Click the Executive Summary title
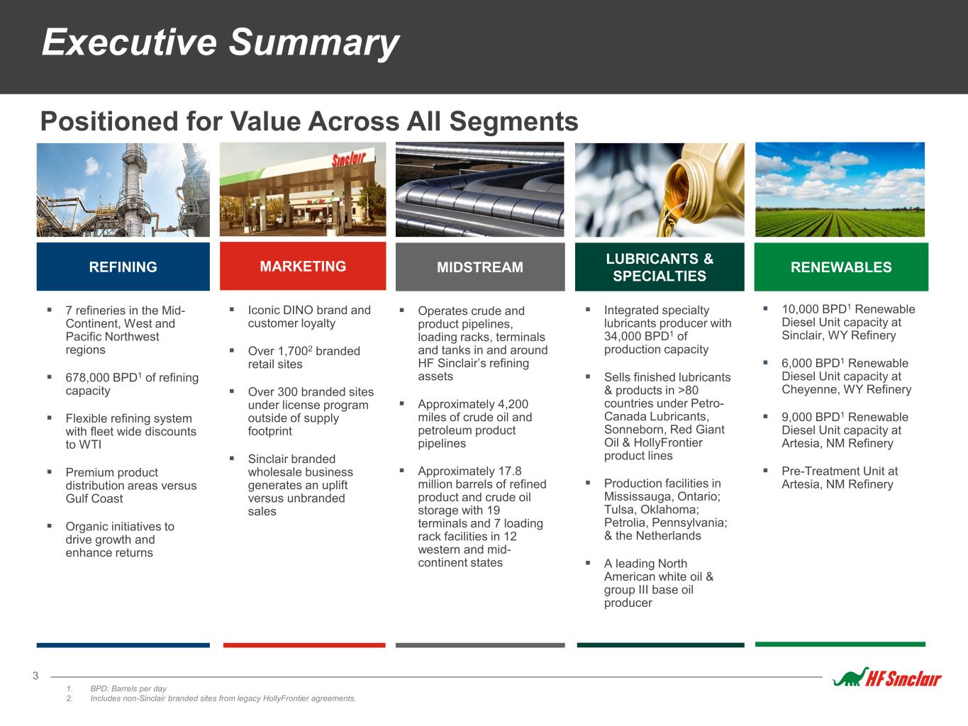(221, 43)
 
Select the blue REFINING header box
(123, 267)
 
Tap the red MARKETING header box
(303, 266)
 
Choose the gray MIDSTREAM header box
(480, 267)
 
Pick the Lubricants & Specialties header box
(660, 267)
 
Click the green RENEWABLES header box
(841, 267)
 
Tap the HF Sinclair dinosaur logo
(887, 678)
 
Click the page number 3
(35, 676)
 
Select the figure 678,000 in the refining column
(88, 378)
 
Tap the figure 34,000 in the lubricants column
(623, 336)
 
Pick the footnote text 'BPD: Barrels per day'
(128, 688)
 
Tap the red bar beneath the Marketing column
(304, 645)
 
